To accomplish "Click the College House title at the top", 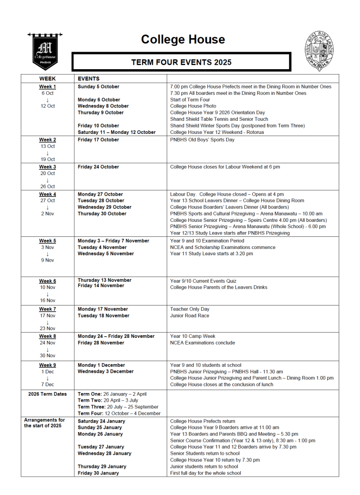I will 183,39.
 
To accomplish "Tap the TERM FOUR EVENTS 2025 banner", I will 181,62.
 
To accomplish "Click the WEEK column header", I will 47,78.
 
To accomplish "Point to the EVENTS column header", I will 88,78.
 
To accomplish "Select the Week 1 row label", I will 47,87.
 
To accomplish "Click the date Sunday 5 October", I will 99,87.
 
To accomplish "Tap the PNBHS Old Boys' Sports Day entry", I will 202,140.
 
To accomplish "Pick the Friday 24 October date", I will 98,167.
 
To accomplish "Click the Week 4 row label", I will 47,194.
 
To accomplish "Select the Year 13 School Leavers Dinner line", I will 237,201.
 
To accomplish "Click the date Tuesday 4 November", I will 101,247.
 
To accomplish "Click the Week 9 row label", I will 47,365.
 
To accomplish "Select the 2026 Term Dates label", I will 47,394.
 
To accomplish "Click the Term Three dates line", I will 118,407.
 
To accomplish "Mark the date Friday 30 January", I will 99,473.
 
